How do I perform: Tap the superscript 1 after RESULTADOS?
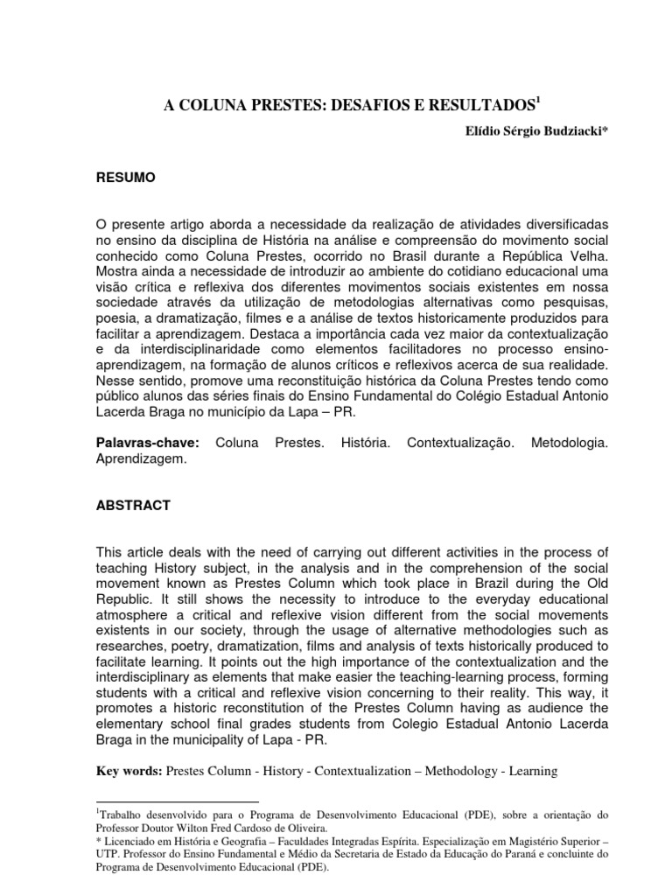(538, 101)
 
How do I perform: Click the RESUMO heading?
(125, 178)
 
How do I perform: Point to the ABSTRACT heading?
(134, 505)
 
